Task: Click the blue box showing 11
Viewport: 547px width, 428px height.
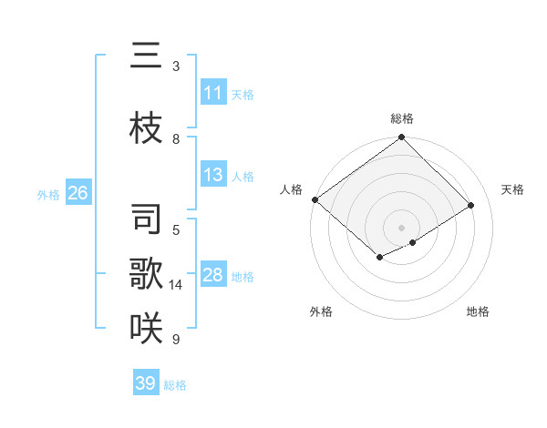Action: click(x=212, y=93)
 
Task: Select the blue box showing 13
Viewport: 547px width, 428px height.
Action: click(x=212, y=175)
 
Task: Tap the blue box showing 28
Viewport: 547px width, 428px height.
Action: click(x=212, y=275)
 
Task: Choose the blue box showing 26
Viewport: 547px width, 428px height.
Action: click(x=77, y=193)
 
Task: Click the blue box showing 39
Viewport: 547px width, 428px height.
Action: click(x=145, y=383)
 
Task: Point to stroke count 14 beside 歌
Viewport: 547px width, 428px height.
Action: click(x=176, y=285)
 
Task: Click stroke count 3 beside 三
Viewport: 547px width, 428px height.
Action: click(x=176, y=66)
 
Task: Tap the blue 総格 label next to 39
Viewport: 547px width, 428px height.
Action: click(x=175, y=385)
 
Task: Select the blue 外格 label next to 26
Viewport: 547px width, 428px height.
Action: click(x=48, y=194)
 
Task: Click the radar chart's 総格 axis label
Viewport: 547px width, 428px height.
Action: click(x=401, y=118)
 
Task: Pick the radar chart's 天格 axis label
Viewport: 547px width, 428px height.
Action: click(x=512, y=189)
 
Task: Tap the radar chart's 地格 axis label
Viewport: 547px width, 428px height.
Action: click(x=478, y=311)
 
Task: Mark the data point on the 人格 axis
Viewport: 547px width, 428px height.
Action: click(x=315, y=199)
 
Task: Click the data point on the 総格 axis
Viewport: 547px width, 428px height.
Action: click(x=401, y=138)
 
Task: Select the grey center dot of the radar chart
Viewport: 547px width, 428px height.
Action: click(x=401, y=227)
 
